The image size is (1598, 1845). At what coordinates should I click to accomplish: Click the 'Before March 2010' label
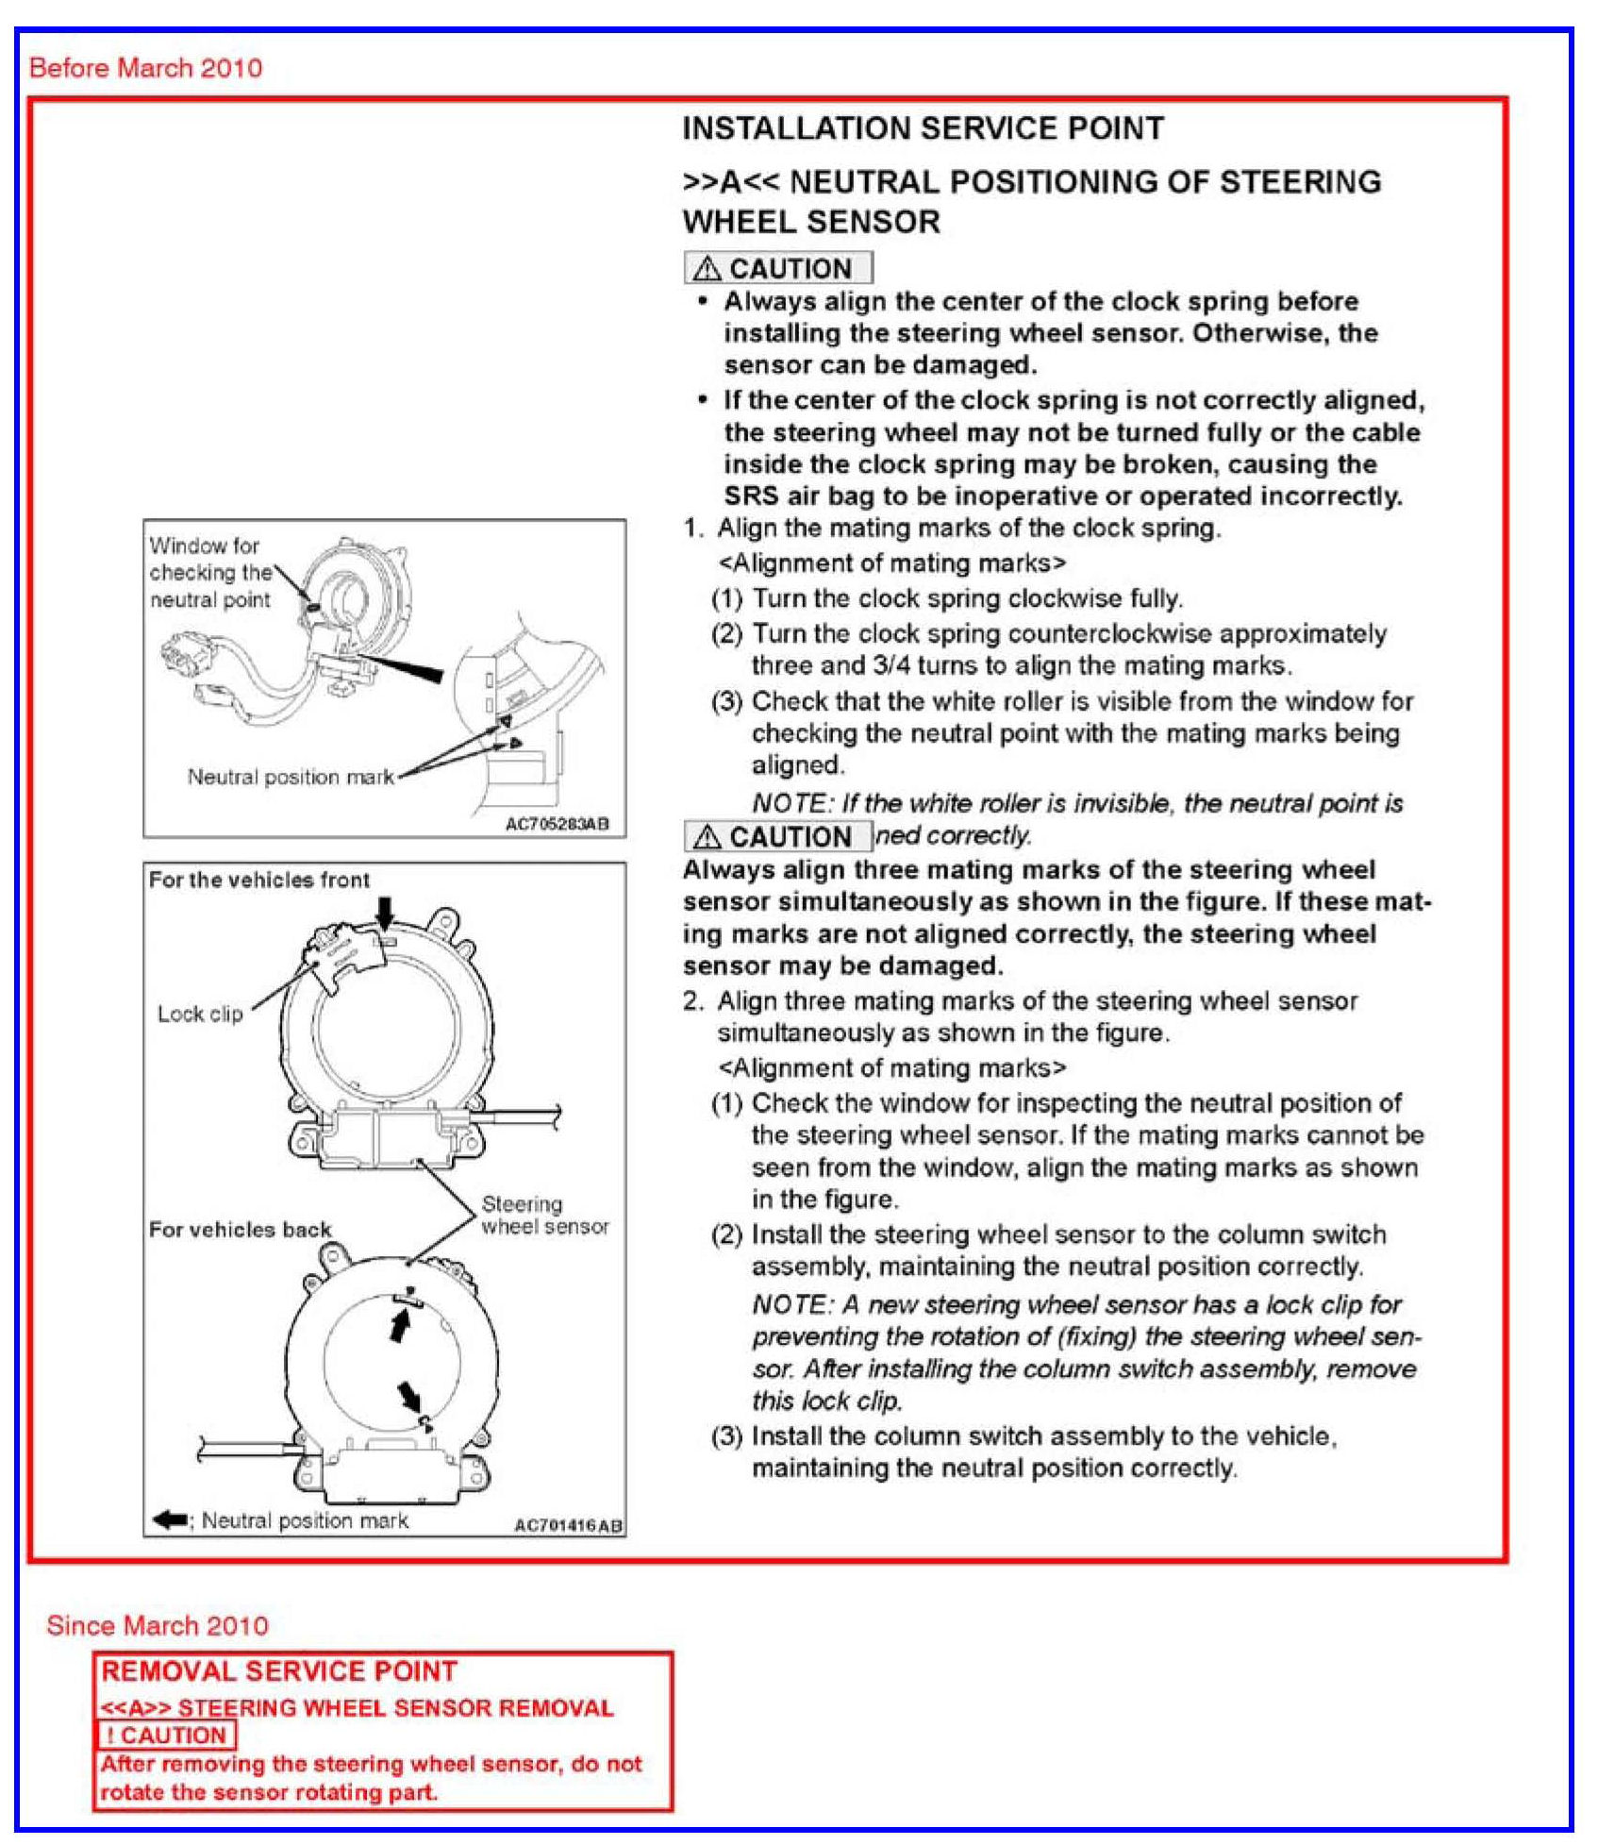145,68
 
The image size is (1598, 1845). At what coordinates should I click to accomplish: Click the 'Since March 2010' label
158,1625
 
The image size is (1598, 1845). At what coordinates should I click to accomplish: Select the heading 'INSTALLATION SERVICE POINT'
923,128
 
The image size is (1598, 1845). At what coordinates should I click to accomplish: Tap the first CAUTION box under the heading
777,268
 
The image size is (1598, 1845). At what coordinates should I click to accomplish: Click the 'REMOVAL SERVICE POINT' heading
279,1671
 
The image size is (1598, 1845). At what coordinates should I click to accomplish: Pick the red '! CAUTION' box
166,1735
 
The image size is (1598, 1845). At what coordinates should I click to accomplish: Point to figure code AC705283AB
558,824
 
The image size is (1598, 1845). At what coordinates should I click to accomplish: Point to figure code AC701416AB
568,1525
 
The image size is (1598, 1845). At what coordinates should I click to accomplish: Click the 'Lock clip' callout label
200,1014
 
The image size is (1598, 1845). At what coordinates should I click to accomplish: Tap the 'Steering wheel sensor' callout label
544,1216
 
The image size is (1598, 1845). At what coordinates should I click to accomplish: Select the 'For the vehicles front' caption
258,880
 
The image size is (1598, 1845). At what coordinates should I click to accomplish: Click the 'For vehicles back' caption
240,1230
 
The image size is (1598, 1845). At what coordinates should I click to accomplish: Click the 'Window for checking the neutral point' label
210,572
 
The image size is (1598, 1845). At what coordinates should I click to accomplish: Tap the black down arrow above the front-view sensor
384,911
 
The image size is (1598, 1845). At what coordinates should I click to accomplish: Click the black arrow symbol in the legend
170,1520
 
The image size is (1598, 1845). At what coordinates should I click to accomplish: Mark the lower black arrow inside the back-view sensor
410,1394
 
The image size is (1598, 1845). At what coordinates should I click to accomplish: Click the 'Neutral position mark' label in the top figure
291,777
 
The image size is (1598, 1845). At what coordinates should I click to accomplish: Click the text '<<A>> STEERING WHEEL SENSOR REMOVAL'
357,1707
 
